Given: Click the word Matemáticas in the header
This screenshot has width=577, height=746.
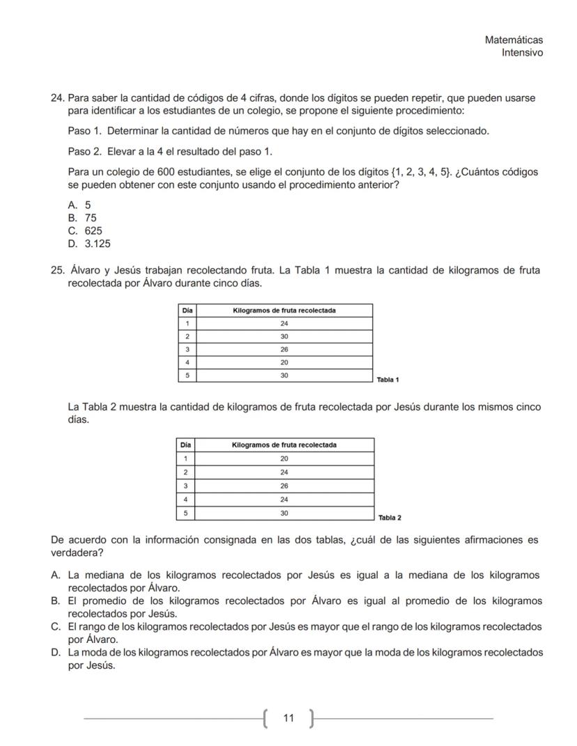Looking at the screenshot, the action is (x=514, y=40).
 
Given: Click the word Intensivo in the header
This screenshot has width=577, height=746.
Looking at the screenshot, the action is (x=523, y=53).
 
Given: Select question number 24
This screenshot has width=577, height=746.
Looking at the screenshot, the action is (x=58, y=98).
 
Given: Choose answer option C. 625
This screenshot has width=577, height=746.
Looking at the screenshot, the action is (x=86, y=231).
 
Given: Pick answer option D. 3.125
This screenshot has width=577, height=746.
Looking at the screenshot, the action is (x=89, y=244).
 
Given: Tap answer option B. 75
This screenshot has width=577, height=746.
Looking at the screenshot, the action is (x=82, y=217).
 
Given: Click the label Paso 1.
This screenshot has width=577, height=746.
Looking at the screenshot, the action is (x=85, y=131).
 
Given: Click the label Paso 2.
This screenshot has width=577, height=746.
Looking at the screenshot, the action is (x=85, y=151).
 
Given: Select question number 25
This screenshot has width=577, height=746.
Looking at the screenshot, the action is (x=58, y=270).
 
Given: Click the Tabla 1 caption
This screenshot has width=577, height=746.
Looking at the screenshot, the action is (x=387, y=380).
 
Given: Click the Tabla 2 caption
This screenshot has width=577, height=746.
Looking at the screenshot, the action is (x=390, y=518).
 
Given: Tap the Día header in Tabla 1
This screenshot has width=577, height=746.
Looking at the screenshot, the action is (x=187, y=310).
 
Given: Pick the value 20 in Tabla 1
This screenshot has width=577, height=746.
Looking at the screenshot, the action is (x=284, y=362).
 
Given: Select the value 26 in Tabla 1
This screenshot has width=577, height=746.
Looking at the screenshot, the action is (x=284, y=349).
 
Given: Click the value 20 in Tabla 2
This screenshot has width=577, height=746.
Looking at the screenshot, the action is (x=284, y=458).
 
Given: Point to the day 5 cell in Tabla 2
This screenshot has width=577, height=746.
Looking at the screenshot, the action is (x=186, y=512).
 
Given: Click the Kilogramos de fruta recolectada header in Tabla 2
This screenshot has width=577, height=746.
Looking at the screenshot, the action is (x=284, y=444).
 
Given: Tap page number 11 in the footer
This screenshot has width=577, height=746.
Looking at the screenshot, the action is (x=289, y=717).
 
